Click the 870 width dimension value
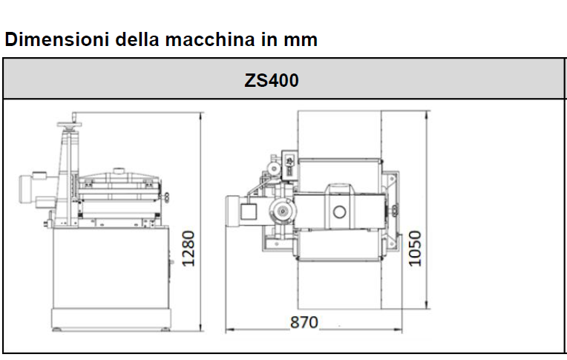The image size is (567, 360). [304, 322]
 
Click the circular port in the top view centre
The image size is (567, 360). [340, 212]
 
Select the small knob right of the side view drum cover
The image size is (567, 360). [168, 197]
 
